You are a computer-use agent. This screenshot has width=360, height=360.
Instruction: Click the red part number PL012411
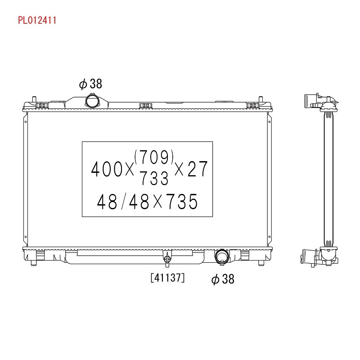click(37, 20)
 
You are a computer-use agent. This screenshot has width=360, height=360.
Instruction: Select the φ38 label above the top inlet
click(90, 84)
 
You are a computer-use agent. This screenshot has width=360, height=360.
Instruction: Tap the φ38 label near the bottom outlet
click(223, 279)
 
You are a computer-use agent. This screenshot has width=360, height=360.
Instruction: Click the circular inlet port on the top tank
click(92, 101)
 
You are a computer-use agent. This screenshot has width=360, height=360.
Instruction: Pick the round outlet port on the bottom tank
click(222, 256)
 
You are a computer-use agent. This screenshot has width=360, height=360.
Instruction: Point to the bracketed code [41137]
click(167, 278)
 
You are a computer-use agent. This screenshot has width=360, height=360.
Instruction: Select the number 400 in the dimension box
click(107, 169)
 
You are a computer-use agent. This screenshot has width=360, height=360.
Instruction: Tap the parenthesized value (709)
click(154, 157)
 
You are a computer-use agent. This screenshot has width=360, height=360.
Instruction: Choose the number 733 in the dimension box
click(154, 178)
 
